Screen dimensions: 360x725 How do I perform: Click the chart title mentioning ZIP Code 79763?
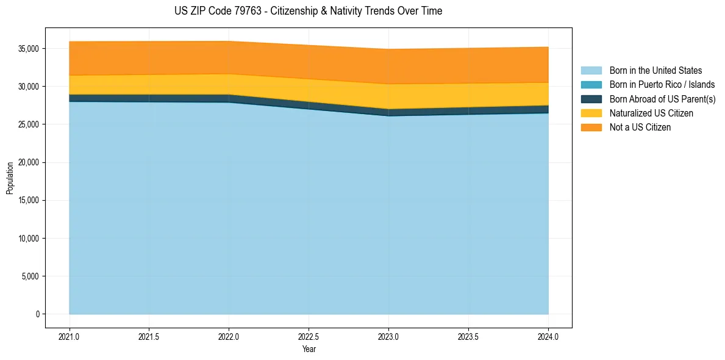coord(308,11)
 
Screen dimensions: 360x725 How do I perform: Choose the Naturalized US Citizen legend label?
coord(651,113)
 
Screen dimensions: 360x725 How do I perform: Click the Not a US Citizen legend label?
coord(640,128)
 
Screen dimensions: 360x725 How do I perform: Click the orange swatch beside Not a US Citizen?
coord(591,128)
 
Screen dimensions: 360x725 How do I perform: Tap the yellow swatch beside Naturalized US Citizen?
coord(591,113)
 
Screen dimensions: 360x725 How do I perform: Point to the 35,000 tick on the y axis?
coord(29,49)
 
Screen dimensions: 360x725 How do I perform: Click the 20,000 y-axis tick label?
coord(29,162)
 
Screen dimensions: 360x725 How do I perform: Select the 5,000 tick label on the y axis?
coord(31,276)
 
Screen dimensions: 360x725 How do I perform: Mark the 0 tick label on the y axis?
coord(37,314)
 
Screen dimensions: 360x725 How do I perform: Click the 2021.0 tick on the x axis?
coord(70,336)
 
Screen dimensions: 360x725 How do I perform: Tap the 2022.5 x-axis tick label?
coord(309,336)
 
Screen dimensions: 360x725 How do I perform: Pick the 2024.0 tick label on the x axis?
coord(548,336)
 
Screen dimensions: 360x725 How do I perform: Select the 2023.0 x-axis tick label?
coord(388,336)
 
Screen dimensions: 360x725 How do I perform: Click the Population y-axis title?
coord(10,178)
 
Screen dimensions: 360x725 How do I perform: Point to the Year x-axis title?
coord(309,349)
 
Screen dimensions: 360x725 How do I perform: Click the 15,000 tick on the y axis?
coord(29,200)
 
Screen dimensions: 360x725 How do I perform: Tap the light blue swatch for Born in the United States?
coord(591,71)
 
